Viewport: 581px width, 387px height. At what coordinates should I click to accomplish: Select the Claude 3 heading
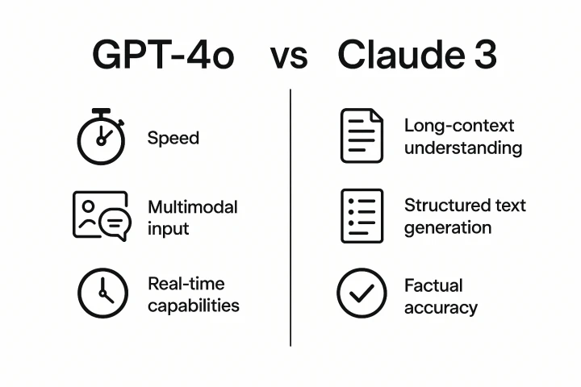coord(416,55)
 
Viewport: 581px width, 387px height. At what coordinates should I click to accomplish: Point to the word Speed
coord(173,138)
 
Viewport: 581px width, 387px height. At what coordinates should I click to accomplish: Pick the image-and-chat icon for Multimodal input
coord(101,215)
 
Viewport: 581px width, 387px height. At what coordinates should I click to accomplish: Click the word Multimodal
coord(192,207)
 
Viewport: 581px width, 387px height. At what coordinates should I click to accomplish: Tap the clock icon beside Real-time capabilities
coord(102,293)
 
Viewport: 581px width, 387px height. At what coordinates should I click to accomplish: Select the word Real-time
coord(186,284)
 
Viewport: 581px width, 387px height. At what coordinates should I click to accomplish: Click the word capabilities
coord(193,306)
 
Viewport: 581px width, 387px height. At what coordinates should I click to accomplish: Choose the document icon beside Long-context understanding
coord(361,137)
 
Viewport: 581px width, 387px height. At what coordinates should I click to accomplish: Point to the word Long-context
coord(458,127)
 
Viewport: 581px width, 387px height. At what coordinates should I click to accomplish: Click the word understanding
coord(462,148)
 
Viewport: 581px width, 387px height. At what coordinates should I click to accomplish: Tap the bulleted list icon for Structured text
coord(361,215)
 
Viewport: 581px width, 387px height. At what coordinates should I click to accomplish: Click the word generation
coord(447,227)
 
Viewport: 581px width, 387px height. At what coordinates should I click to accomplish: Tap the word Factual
coord(433,285)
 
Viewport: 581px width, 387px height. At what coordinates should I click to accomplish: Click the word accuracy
coord(441,307)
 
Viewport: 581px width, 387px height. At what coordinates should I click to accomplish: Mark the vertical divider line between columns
coord(290,218)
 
